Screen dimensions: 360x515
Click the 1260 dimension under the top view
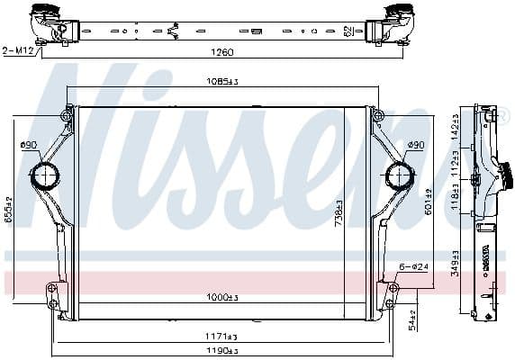[221, 52]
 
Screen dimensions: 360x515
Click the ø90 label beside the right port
[415, 144]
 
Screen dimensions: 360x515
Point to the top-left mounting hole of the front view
[67, 114]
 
